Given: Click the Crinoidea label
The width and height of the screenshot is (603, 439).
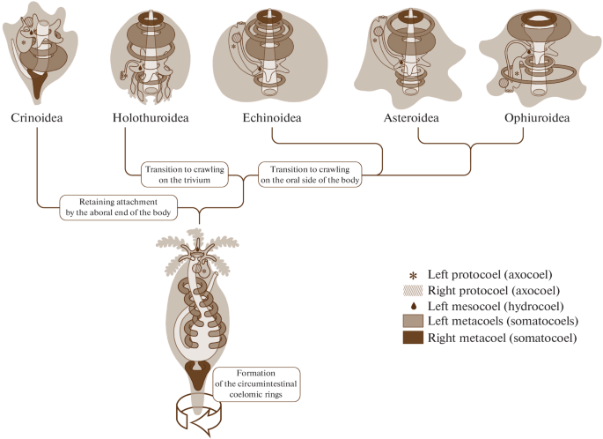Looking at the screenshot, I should [37, 117].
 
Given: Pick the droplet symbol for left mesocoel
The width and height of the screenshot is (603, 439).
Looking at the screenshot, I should [413, 306].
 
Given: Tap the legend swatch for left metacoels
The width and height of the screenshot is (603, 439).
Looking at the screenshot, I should [413, 321].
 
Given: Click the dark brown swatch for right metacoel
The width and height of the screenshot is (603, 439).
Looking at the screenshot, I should [413, 338].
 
